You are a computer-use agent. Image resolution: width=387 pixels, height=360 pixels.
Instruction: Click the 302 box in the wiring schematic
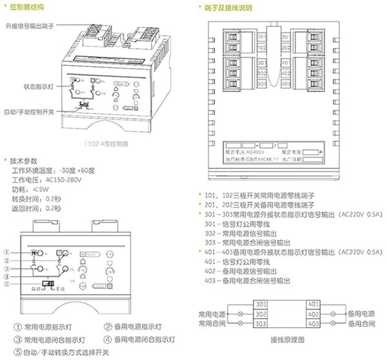(261, 314)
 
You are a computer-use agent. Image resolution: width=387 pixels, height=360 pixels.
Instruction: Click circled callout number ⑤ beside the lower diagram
(7, 283)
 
